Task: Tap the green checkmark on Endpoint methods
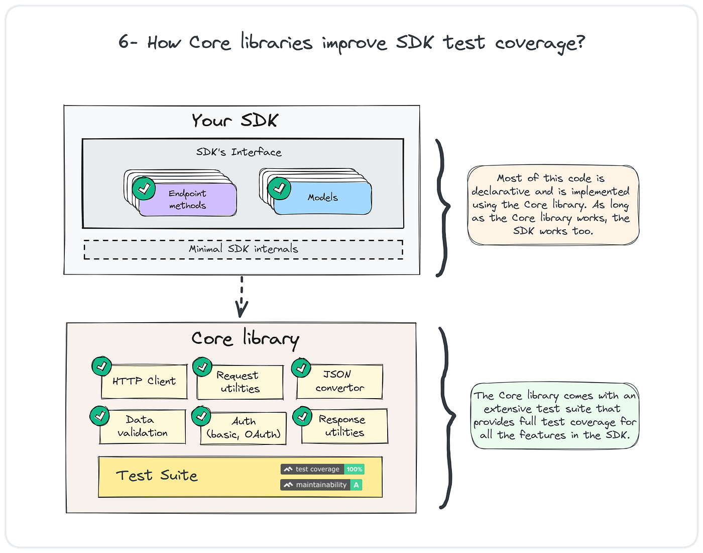click(144, 189)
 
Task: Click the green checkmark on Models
click(279, 189)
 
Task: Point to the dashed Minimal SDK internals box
click(243, 249)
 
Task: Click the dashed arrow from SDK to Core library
click(242, 297)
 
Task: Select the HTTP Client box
click(144, 382)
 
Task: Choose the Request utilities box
click(240, 383)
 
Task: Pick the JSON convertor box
click(339, 382)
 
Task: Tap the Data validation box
click(143, 427)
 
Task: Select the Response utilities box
click(345, 426)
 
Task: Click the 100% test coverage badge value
click(354, 470)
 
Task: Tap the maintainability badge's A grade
click(356, 485)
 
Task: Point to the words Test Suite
click(157, 476)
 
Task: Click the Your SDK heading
click(235, 121)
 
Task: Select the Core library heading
click(245, 339)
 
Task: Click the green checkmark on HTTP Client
click(101, 366)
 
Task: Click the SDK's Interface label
click(239, 152)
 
